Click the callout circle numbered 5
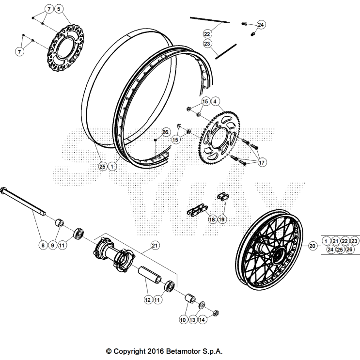(59, 9)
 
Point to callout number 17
(262, 163)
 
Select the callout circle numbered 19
(222, 219)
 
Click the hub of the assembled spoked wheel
(279, 254)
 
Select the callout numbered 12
(147, 300)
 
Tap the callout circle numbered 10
(183, 319)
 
